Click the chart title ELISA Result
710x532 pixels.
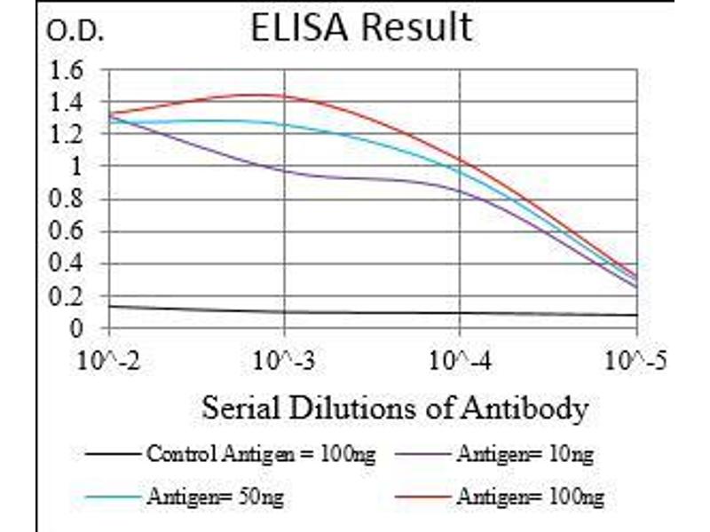pyautogui.click(x=360, y=28)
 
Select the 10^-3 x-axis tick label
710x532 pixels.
pyautogui.click(x=284, y=361)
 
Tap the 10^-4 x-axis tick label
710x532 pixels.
pyautogui.click(x=460, y=361)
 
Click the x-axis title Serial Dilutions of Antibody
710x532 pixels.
pyautogui.click(x=395, y=409)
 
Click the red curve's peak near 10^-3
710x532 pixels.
pyautogui.click(x=262, y=94)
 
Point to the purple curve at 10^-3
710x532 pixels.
pyautogui.click(x=284, y=168)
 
